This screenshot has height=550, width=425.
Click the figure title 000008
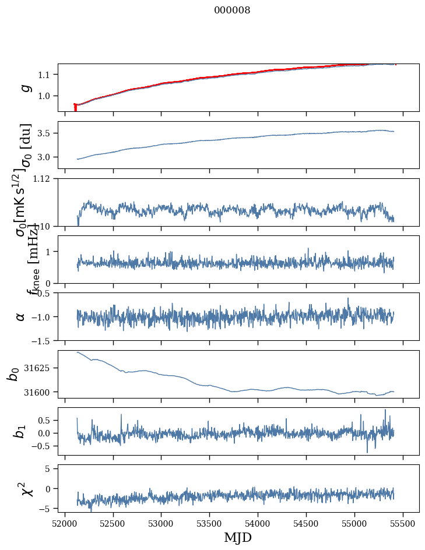click(232, 10)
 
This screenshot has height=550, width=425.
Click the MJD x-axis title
click(238, 538)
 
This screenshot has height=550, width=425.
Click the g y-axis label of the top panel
click(24, 87)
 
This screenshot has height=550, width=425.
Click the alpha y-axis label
click(21, 316)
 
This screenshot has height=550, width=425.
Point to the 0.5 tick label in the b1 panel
click(47, 420)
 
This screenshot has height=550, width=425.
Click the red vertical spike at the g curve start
click(75, 108)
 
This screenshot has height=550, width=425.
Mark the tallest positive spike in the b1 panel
click(385, 410)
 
